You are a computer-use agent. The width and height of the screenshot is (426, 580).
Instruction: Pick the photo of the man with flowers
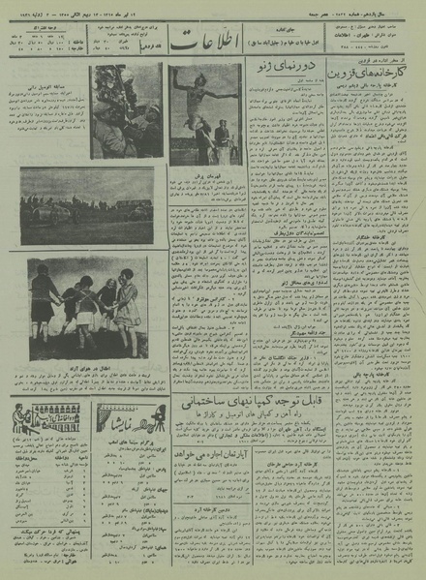coord(126,109)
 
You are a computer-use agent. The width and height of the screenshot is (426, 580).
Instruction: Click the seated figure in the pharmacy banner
coord(25,418)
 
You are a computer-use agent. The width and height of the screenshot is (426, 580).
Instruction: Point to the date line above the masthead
coord(213,6)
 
